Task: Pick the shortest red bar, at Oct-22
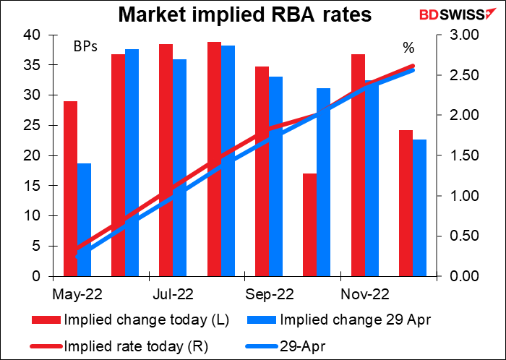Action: click(310, 225)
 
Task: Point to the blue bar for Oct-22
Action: click(324, 182)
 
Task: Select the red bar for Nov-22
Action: click(358, 165)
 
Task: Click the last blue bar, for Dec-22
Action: click(419, 207)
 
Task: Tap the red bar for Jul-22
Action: click(166, 160)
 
